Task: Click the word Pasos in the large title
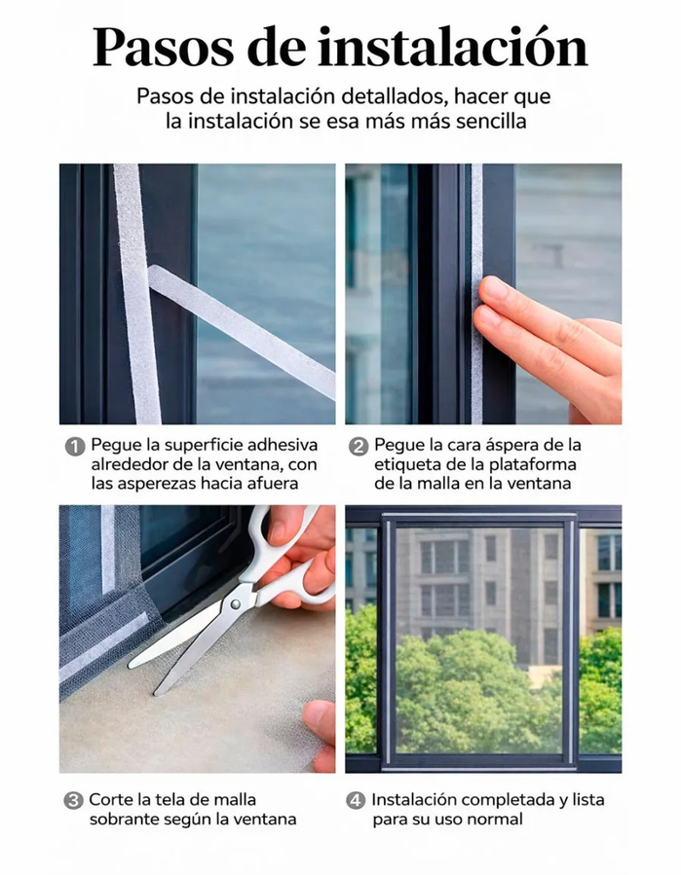pyautogui.click(x=163, y=47)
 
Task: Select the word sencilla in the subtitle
pyautogui.click(x=491, y=121)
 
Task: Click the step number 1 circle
pyautogui.click(x=75, y=447)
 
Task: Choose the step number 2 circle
pyautogui.click(x=359, y=447)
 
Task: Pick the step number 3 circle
pyautogui.click(x=73, y=801)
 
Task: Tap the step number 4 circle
pyautogui.click(x=356, y=801)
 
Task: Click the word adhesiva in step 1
pyautogui.click(x=283, y=445)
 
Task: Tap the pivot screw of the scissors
pyautogui.click(x=235, y=604)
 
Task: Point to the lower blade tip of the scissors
pyautogui.click(x=156, y=694)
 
